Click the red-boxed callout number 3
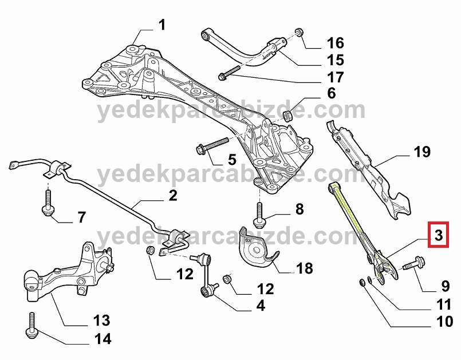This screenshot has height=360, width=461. pyautogui.click(x=438, y=235)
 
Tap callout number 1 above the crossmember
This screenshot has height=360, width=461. pyautogui.click(x=162, y=25)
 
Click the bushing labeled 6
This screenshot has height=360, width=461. pyautogui.click(x=288, y=116)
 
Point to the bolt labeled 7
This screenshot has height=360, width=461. pyautogui.click(x=48, y=202)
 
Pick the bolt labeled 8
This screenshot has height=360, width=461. pyautogui.click(x=259, y=215)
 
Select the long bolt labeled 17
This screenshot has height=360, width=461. pyautogui.click(x=230, y=73)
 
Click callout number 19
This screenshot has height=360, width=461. pyautogui.click(x=422, y=152)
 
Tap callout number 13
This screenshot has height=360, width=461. pyautogui.click(x=102, y=321)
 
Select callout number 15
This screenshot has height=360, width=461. pyautogui.click(x=335, y=60)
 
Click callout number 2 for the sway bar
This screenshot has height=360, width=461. pyautogui.click(x=173, y=195)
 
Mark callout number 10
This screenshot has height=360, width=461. pyautogui.click(x=445, y=322)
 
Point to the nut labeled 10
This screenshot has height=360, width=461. pyautogui.click(x=363, y=282)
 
